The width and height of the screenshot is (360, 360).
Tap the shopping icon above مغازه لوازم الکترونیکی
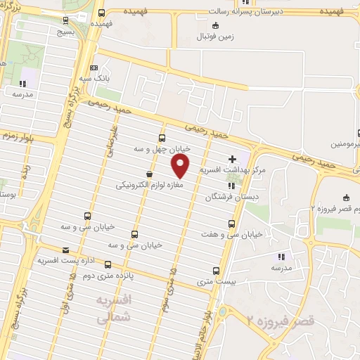(x=149, y=174)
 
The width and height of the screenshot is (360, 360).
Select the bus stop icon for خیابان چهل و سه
(x=162, y=138)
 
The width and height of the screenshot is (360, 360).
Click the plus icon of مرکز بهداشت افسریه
(x=233, y=160)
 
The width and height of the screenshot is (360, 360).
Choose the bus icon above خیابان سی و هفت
(x=231, y=224)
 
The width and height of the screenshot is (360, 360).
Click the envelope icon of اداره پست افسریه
(x=65, y=250)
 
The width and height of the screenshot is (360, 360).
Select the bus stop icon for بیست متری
(x=215, y=270)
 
